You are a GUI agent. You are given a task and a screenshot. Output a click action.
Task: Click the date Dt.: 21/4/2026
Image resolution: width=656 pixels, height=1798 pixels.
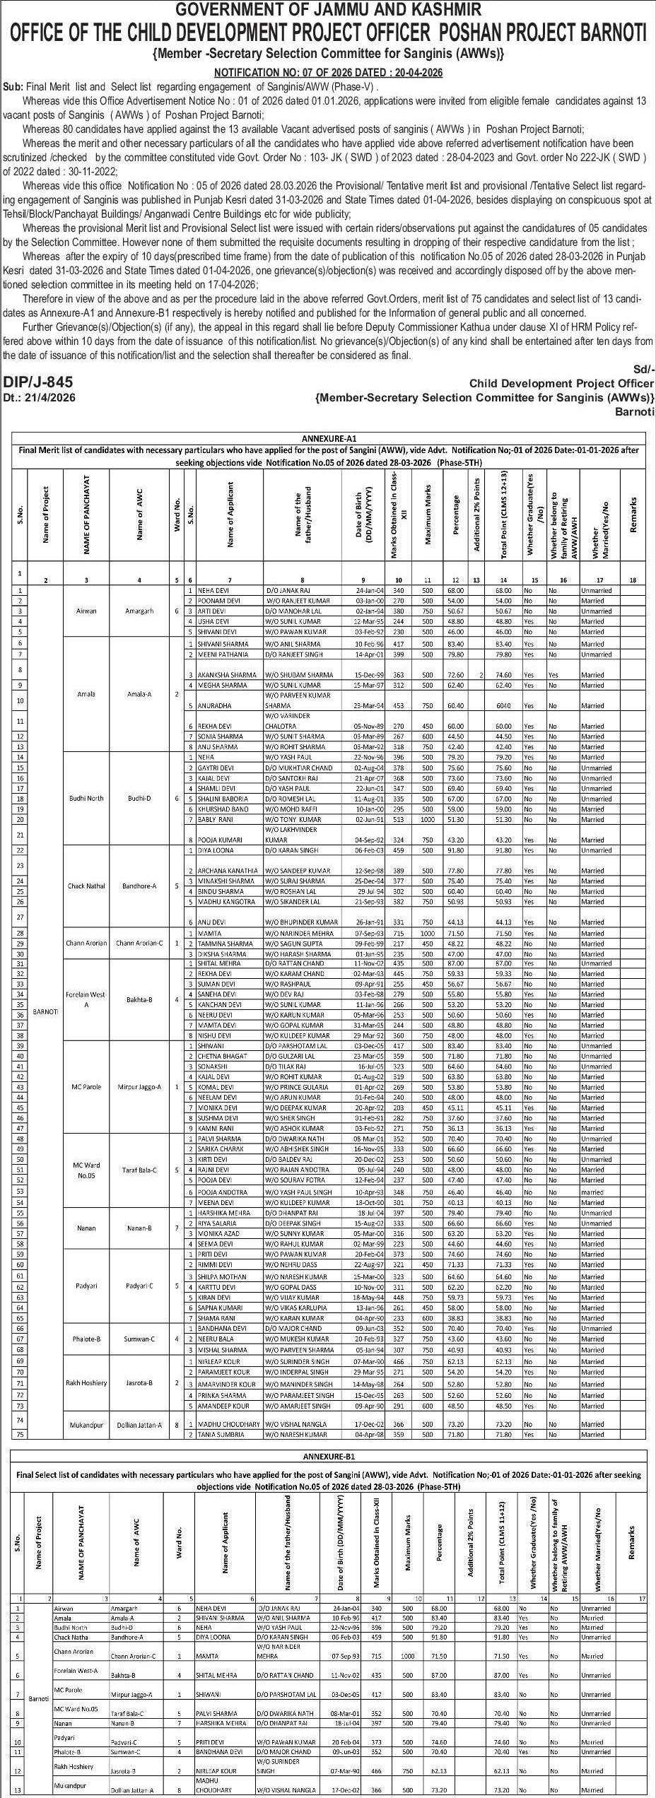[x=40, y=397]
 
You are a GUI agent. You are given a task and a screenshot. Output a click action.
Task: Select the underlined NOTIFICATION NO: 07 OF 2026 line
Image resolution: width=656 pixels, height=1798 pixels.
[x=328, y=73]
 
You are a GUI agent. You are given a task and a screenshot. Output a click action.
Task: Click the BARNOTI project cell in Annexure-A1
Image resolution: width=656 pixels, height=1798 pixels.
[x=45, y=1012]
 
